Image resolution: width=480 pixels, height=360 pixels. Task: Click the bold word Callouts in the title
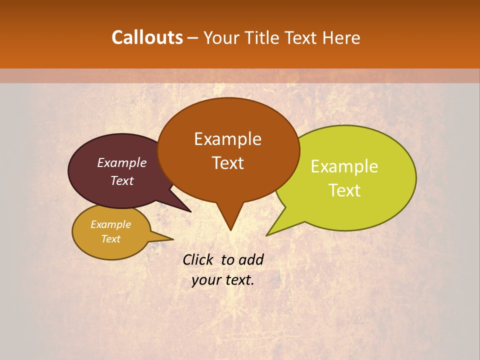pyautogui.click(x=147, y=37)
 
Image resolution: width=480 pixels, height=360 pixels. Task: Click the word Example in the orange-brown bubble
pyautogui.click(x=227, y=139)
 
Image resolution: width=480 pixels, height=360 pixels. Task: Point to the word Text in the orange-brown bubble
pyautogui.click(x=227, y=163)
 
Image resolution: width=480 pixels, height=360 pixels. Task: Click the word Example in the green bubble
pyautogui.click(x=344, y=166)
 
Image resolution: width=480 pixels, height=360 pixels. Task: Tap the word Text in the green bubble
pyautogui.click(x=344, y=190)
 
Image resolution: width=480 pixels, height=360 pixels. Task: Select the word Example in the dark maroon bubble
pyautogui.click(x=121, y=162)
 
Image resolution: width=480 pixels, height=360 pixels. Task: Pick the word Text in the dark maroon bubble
pyautogui.click(x=121, y=180)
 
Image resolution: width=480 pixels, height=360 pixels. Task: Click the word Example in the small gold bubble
pyautogui.click(x=110, y=224)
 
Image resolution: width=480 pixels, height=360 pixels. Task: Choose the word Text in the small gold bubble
pyautogui.click(x=110, y=239)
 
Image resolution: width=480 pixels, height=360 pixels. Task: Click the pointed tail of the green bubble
pyautogui.click(x=269, y=233)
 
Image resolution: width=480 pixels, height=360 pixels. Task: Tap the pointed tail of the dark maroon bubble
pyautogui.click(x=188, y=210)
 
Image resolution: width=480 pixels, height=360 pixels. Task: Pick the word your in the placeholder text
pyautogui.click(x=205, y=280)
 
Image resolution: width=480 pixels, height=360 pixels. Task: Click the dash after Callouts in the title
pyautogui.click(x=193, y=38)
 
